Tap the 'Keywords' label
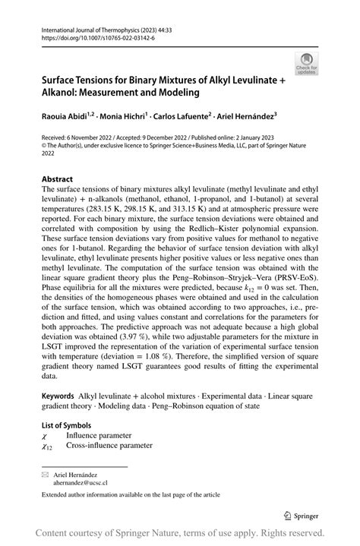pos(58,396)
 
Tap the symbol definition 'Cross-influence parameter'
pos(109,447)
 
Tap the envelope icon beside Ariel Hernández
pos(46,472)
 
